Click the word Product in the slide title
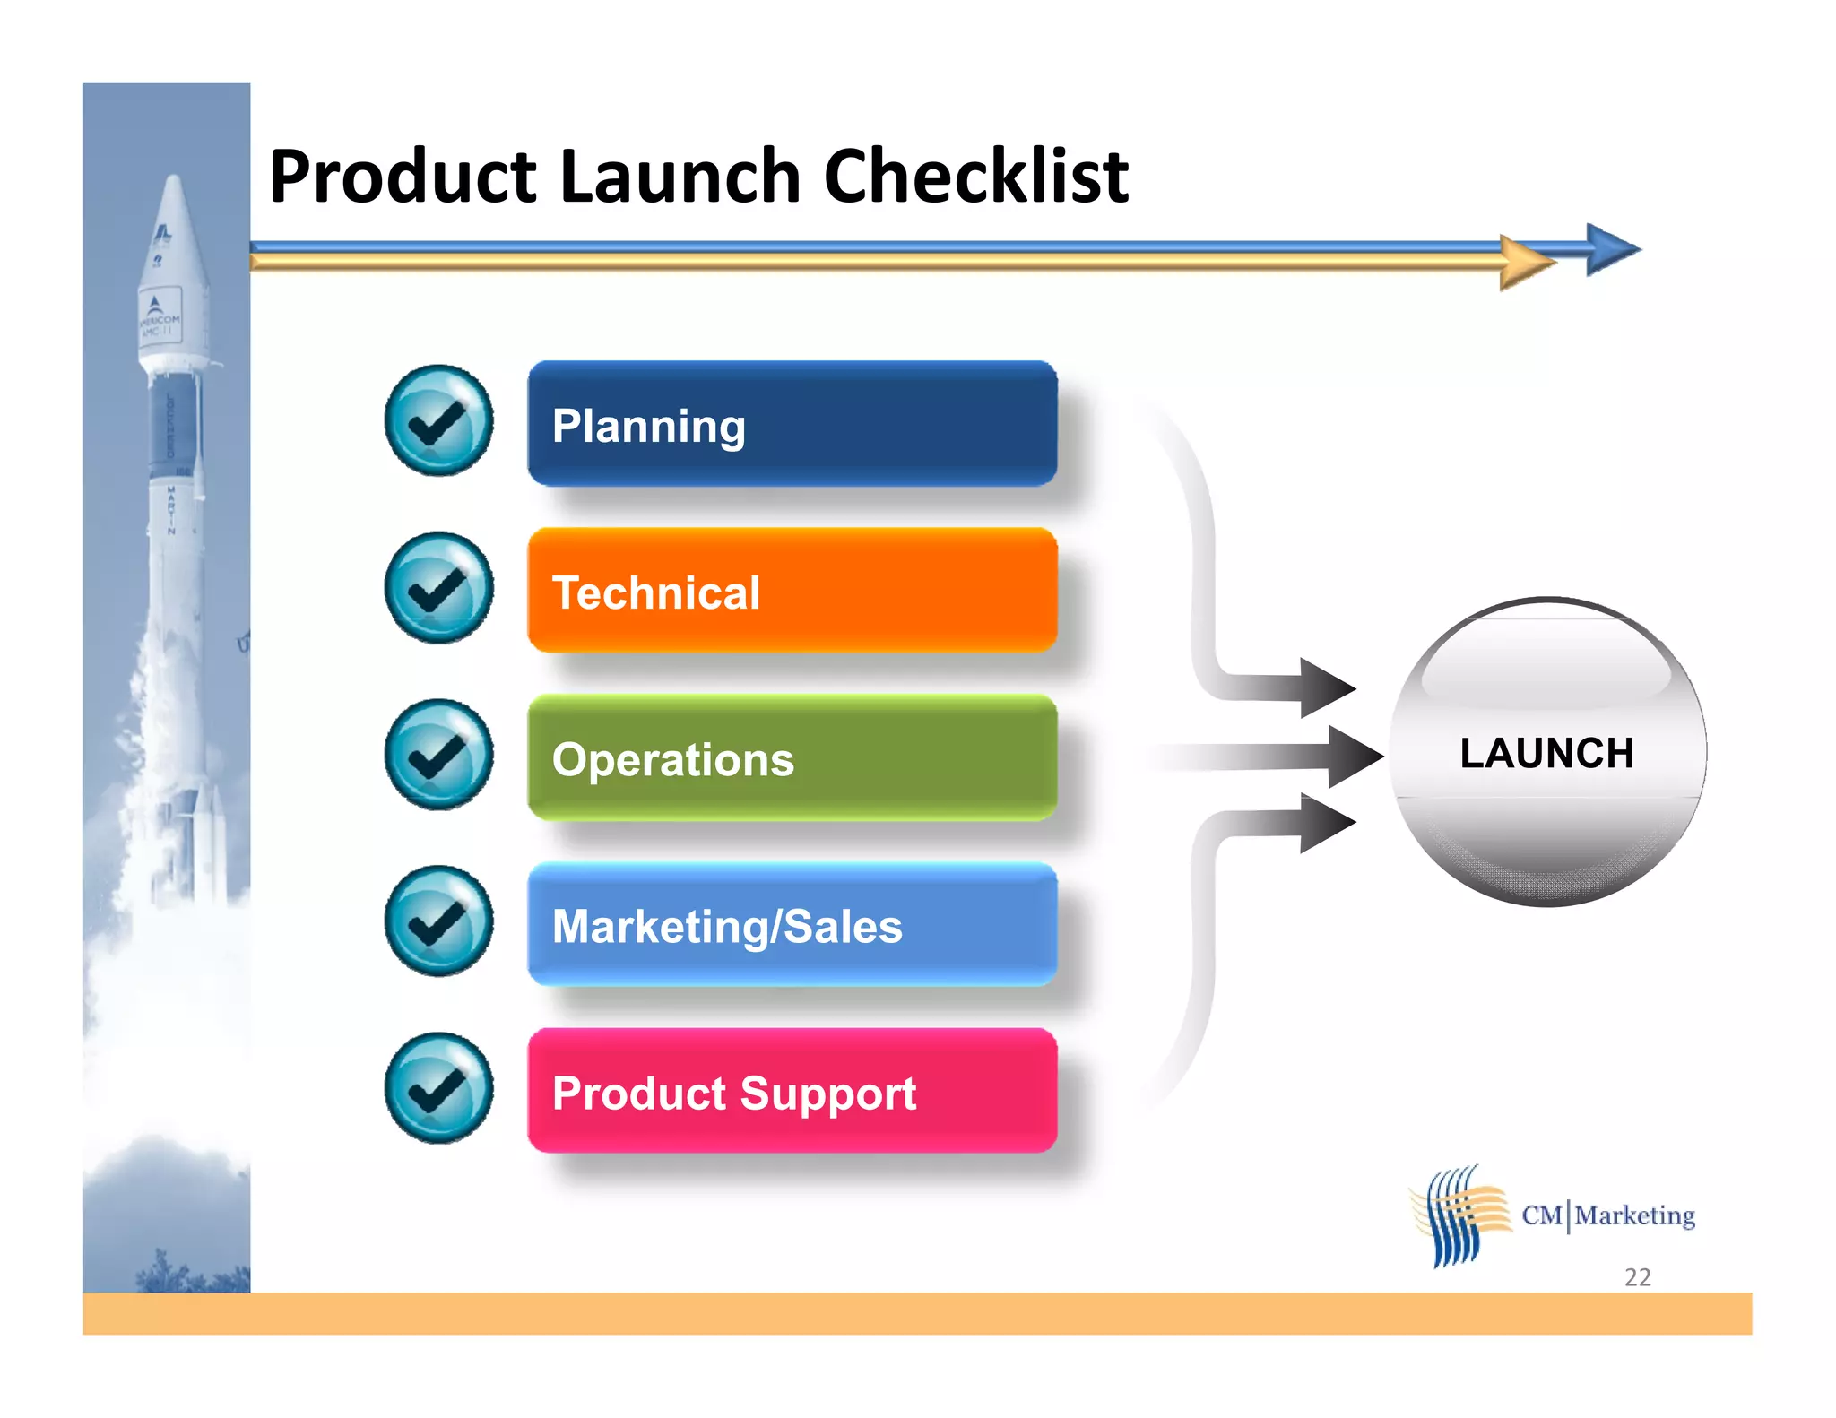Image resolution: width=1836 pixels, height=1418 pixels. [403, 177]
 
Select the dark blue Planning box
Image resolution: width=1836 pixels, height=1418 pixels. [792, 424]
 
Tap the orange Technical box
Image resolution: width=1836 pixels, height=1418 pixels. [792, 591]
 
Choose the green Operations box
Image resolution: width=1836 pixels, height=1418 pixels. [792, 758]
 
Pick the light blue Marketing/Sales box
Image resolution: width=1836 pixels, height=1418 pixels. [792, 925]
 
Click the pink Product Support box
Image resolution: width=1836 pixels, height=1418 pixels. [792, 1092]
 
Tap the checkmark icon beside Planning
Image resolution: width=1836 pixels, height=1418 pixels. [438, 420]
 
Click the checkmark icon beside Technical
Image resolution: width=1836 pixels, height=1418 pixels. [438, 588]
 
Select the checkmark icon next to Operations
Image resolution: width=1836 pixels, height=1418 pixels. [438, 755]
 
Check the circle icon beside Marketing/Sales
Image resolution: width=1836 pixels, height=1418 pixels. [438, 921]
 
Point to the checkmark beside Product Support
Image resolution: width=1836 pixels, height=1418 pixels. [438, 1088]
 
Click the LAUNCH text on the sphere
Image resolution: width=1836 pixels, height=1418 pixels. [1546, 753]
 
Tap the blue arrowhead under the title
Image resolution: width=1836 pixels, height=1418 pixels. [1611, 249]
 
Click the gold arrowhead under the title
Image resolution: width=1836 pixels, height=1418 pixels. [1524, 263]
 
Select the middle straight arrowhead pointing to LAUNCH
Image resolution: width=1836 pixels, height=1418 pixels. [1354, 756]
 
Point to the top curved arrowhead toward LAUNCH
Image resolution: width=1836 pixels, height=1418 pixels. [1325, 687]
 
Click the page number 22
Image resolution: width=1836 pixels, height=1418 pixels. [1637, 1276]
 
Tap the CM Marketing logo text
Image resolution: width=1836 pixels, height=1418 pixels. [1608, 1215]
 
